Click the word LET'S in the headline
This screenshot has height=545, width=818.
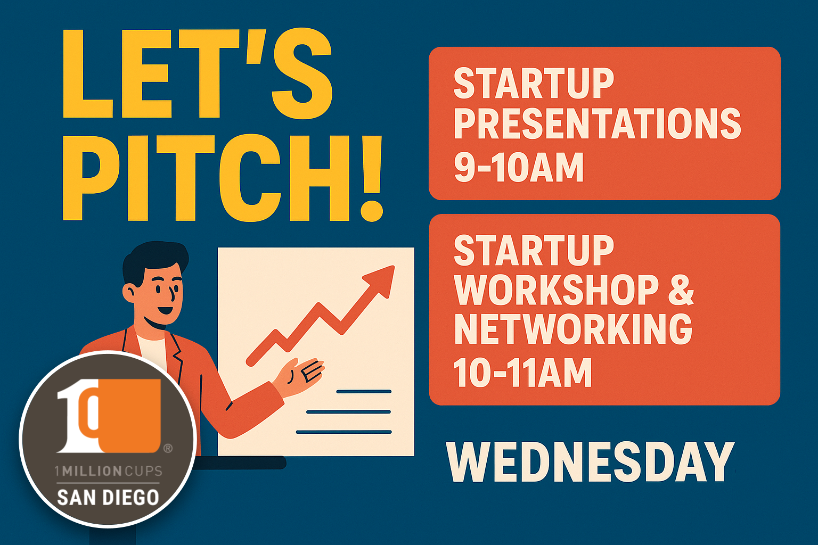197,75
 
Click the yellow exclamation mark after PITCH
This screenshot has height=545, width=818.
372,178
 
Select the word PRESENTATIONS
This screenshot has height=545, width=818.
597,123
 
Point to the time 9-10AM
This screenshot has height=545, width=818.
519,167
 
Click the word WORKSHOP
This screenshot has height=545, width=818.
557,291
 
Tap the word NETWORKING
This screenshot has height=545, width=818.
573,329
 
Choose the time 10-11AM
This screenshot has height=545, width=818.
522,372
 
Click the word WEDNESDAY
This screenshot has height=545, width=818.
590,462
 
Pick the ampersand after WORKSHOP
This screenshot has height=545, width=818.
681,291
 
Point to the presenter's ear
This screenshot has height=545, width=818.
129,292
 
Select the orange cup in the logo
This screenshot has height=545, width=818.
130,415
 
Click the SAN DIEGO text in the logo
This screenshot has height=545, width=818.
108,498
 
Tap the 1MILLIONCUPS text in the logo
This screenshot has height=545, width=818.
108,471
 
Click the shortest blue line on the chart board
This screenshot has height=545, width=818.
364,392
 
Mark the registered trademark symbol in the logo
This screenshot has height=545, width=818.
168,449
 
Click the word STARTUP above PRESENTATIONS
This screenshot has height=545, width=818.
534,84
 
